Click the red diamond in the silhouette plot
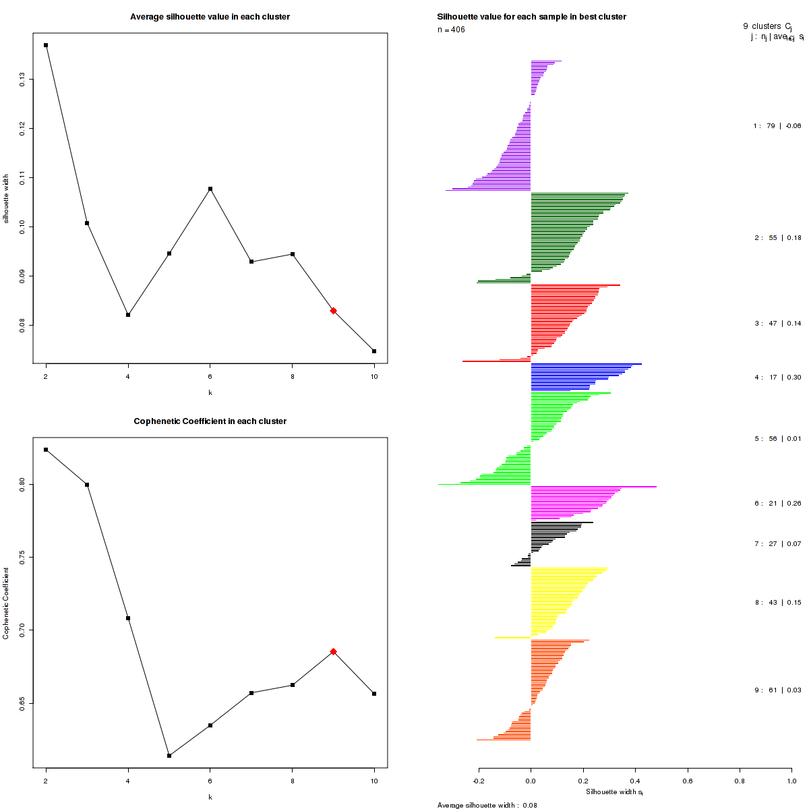point(333,311)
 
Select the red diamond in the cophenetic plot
point(333,651)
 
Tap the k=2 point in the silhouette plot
point(46,45)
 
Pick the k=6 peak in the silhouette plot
point(210,189)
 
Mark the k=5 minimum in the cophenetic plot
point(169,756)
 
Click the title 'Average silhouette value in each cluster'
point(210,17)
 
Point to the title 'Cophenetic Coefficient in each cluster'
point(210,421)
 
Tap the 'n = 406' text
point(451,30)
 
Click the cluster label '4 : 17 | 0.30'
point(777,378)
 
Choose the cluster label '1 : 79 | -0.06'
point(777,126)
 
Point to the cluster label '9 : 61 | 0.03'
point(777,690)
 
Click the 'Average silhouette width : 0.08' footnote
point(487,805)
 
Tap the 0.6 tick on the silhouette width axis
point(687,781)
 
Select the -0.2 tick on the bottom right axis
point(479,781)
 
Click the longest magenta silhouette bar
point(593,486)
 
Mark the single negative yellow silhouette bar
point(512,638)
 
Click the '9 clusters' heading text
point(762,26)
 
